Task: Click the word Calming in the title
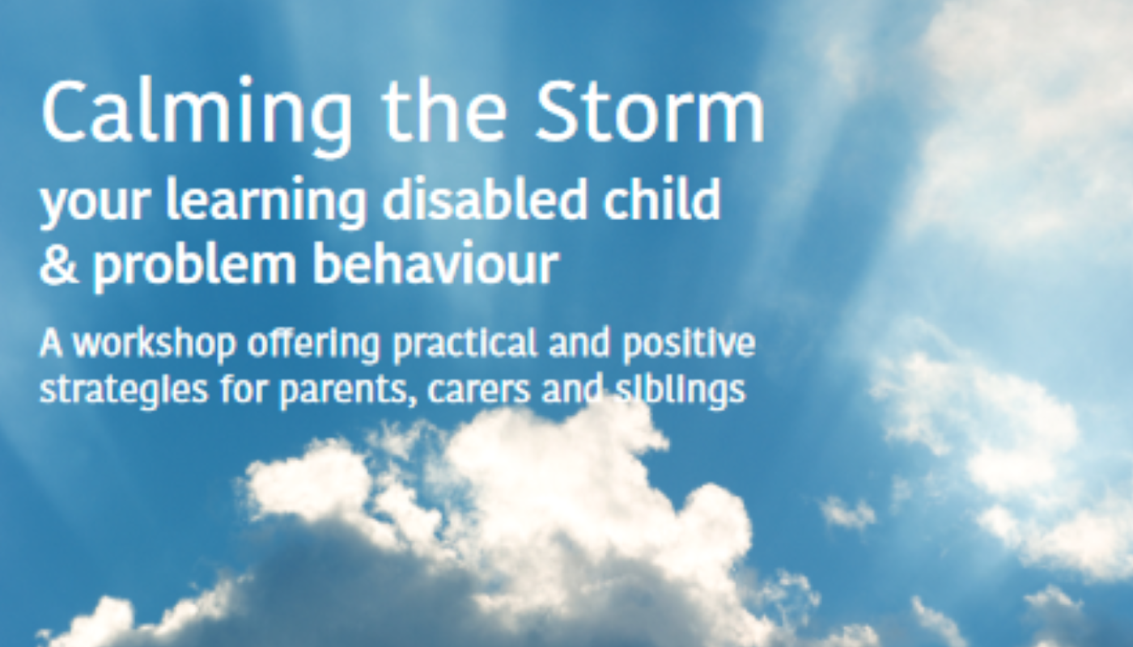click(x=196, y=115)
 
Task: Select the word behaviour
click(x=435, y=264)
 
